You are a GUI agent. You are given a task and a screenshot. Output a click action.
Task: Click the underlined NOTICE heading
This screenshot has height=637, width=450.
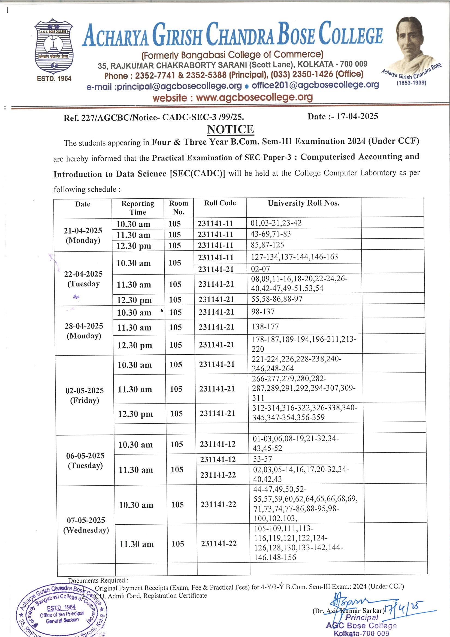click(230, 130)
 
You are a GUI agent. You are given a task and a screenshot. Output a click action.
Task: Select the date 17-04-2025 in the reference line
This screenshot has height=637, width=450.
click(357, 116)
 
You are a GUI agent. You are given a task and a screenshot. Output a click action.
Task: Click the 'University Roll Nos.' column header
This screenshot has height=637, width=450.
click(303, 203)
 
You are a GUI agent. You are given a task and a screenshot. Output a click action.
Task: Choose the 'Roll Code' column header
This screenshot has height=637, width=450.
click(220, 203)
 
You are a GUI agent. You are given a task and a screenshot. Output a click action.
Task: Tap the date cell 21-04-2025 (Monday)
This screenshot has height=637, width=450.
click(83, 235)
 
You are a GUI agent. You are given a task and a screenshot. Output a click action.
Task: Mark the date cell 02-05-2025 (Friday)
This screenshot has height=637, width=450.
click(84, 395)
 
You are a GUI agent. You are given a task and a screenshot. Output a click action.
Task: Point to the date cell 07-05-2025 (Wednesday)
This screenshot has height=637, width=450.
click(86, 525)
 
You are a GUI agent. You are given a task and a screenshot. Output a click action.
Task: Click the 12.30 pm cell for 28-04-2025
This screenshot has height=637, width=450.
click(134, 345)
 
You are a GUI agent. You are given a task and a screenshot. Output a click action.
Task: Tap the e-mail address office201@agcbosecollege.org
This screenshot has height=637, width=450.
click(315, 85)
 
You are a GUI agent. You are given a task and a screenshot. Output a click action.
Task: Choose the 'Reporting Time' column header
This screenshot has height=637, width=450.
click(138, 208)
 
